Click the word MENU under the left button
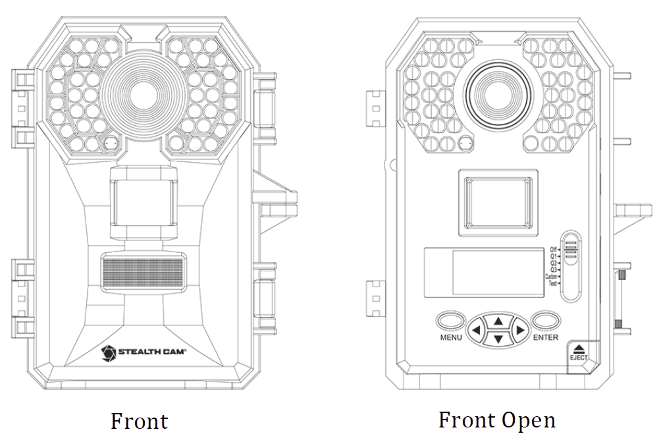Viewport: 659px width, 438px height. pyautogui.click(x=451, y=337)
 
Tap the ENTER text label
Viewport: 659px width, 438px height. pyautogui.click(x=546, y=337)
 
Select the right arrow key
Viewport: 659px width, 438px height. pyautogui.click(x=519, y=329)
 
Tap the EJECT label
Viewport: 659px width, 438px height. pyautogui.click(x=579, y=358)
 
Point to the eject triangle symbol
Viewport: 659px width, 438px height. pyautogui.click(x=579, y=348)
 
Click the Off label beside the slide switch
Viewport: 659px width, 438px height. pyautogui.click(x=554, y=249)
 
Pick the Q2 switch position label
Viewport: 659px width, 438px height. pyautogui.click(x=554, y=263)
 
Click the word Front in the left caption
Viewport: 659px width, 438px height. pyautogui.click(x=139, y=421)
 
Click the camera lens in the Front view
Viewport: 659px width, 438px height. pyautogui.click(x=140, y=93)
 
